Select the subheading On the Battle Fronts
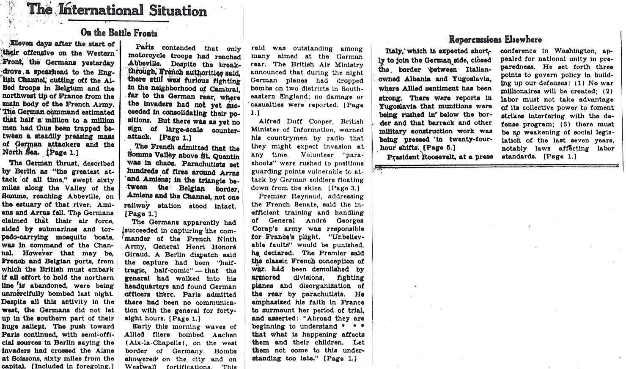pyautogui.click(x=119, y=33)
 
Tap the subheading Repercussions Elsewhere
pyautogui.click(x=495, y=40)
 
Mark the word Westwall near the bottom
pyautogui.click(x=140, y=366)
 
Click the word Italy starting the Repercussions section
pyautogui.click(x=393, y=51)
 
